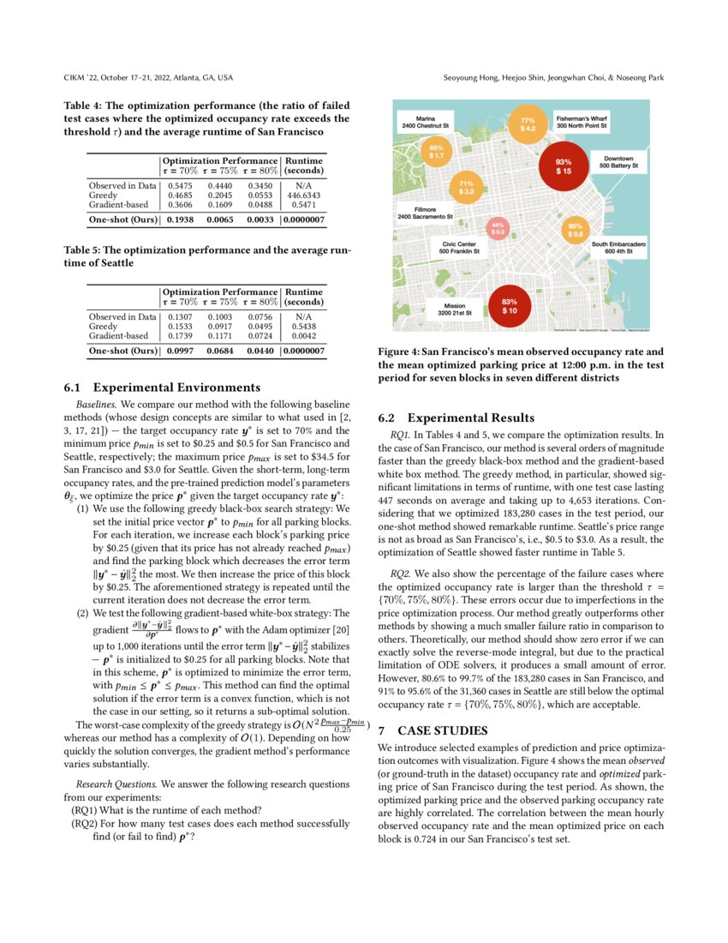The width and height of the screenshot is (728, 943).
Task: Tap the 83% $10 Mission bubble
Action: [x=509, y=305]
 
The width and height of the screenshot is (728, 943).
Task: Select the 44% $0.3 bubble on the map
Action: [x=498, y=229]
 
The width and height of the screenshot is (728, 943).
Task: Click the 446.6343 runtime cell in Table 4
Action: [x=304, y=195]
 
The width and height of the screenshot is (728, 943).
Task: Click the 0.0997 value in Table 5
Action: [x=180, y=351]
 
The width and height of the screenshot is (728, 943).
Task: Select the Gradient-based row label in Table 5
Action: [x=119, y=336]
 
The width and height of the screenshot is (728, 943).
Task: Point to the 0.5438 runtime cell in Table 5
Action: [x=304, y=327]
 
